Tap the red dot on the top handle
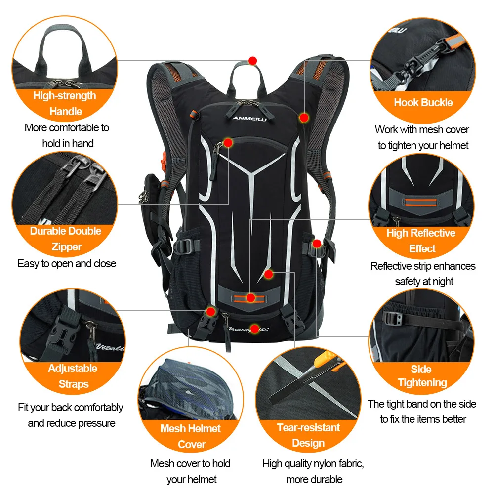click(253, 60)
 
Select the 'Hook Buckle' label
click(423, 103)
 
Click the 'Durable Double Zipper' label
click(66, 239)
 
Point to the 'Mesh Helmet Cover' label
click(191, 436)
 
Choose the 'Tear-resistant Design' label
click(308, 435)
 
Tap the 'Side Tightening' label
click(422, 376)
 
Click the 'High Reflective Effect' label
click(421, 241)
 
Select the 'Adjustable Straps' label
click(73, 376)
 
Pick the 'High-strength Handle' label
click(65, 103)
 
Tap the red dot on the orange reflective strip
click(251, 298)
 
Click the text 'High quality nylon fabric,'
click(313, 463)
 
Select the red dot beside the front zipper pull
click(228, 143)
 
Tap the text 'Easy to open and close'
click(67, 263)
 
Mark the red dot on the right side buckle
click(317, 243)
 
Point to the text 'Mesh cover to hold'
click(190, 463)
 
